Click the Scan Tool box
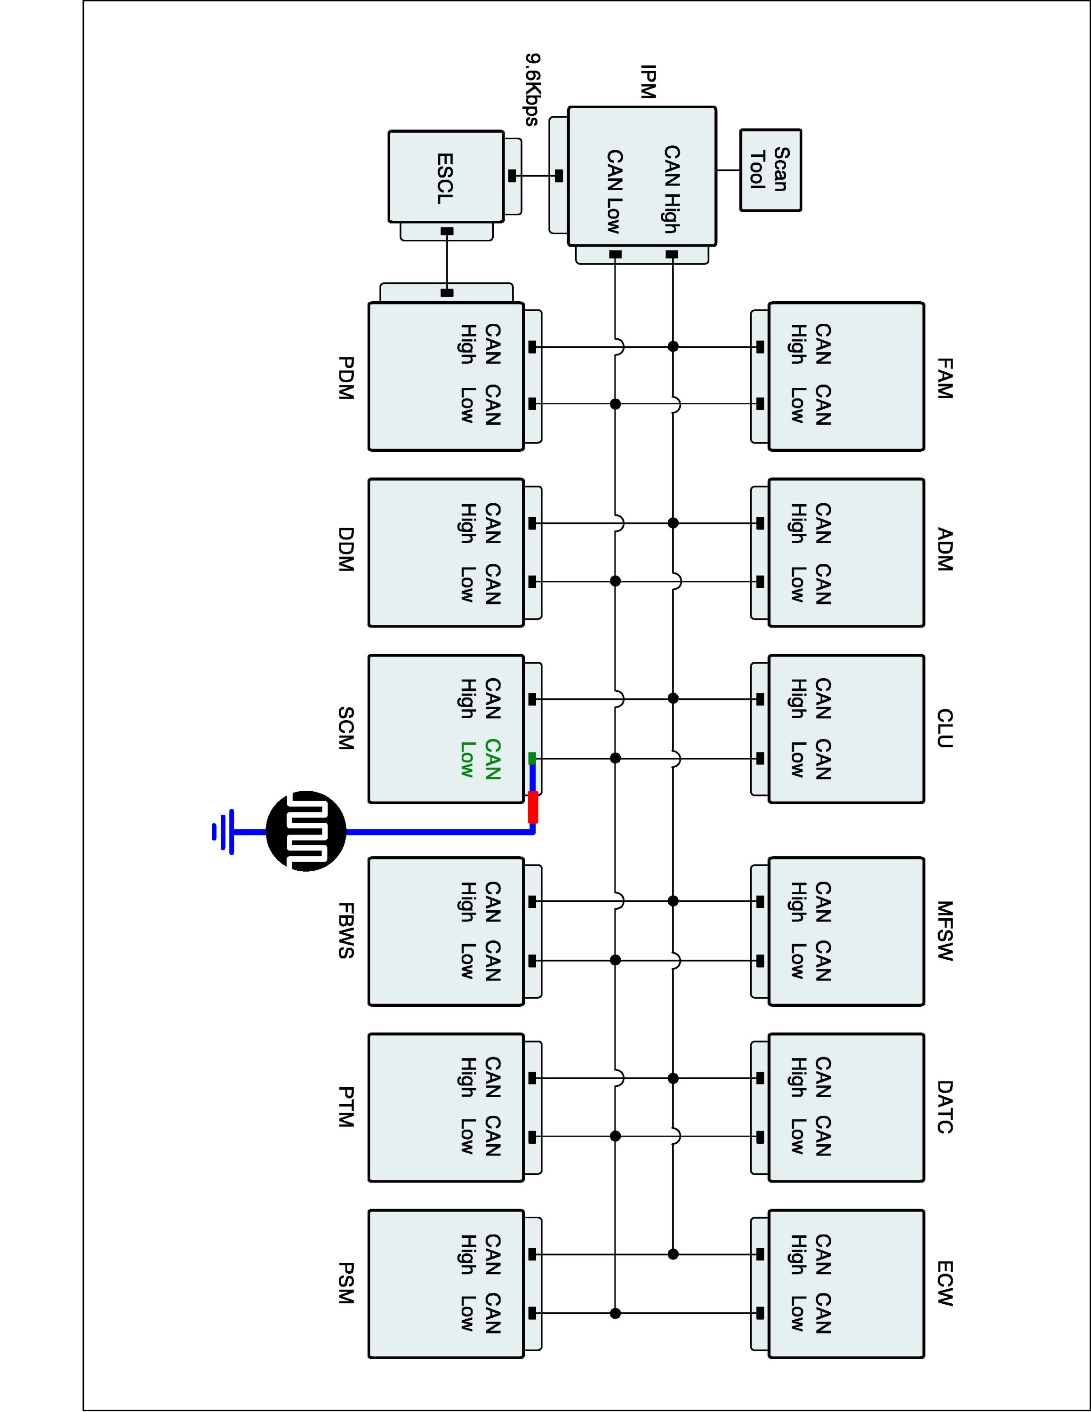click(x=770, y=170)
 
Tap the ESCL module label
click(x=445, y=179)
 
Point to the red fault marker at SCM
click(x=533, y=807)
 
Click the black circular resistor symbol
click(x=306, y=831)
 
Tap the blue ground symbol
click(x=224, y=831)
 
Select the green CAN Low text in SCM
click(x=480, y=759)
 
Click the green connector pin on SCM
click(x=532, y=758)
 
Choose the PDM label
click(x=346, y=378)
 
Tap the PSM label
click(x=346, y=1284)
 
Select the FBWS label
click(x=346, y=931)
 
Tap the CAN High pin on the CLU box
click(x=760, y=699)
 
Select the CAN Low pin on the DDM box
click(x=532, y=582)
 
